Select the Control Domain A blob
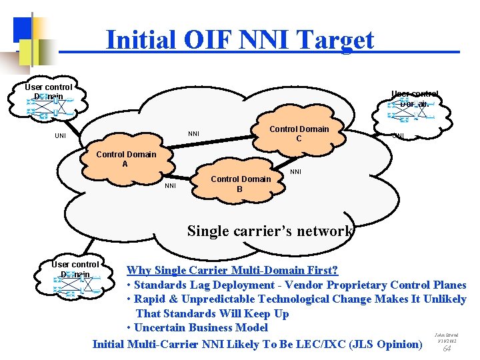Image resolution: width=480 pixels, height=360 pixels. (x=126, y=159)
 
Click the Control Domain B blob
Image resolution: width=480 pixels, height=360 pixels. (x=240, y=183)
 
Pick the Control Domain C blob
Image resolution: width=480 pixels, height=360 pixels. (x=299, y=134)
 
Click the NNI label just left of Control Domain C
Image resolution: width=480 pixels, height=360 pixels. (x=193, y=133)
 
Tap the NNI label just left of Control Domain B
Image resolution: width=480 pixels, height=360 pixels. (x=170, y=186)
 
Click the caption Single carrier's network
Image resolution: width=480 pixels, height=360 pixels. (x=270, y=231)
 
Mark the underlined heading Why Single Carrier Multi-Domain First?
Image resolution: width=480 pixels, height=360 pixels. (x=232, y=270)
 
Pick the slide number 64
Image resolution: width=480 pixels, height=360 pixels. (x=447, y=348)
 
